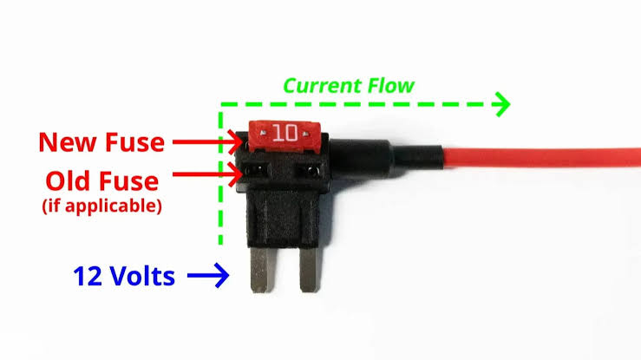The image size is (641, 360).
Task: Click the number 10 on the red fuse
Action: pyautogui.click(x=285, y=133)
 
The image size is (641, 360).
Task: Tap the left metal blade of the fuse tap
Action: pyautogui.click(x=261, y=270)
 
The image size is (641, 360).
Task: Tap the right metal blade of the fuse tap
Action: pyautogui.click(x=310, y=270)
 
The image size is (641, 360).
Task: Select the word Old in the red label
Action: pyautogui.click(x=68, y=180)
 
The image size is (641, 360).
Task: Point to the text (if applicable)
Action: pyautogui.click(x=101, y=206)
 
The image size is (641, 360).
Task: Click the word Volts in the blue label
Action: pyautogui.click(x=142, y=276)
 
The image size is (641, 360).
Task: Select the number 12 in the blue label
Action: pyautogui.click(x=88, y=276)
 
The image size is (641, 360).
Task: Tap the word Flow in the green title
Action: pyautogui.click(x=391, y=86)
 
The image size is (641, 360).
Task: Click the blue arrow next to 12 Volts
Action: pyautogui.click(x=208, y=275)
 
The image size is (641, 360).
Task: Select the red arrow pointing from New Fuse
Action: pyautogui.click(x=207, y=142)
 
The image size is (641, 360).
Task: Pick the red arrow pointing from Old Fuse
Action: pyautogui.click(x=207, y=174)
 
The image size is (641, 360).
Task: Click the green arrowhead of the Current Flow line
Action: pyautogui.click(x=501, y=104)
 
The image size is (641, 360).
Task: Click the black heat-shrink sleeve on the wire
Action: pyautogui.click(x=418, y=157)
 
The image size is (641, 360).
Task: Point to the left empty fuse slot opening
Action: pyautogui.click(x=257, y=169)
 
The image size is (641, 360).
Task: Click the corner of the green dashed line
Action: pyautogui.click(x=221, y=105)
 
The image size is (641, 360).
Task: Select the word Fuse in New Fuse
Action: pyautogui.click(x=135, y=142)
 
